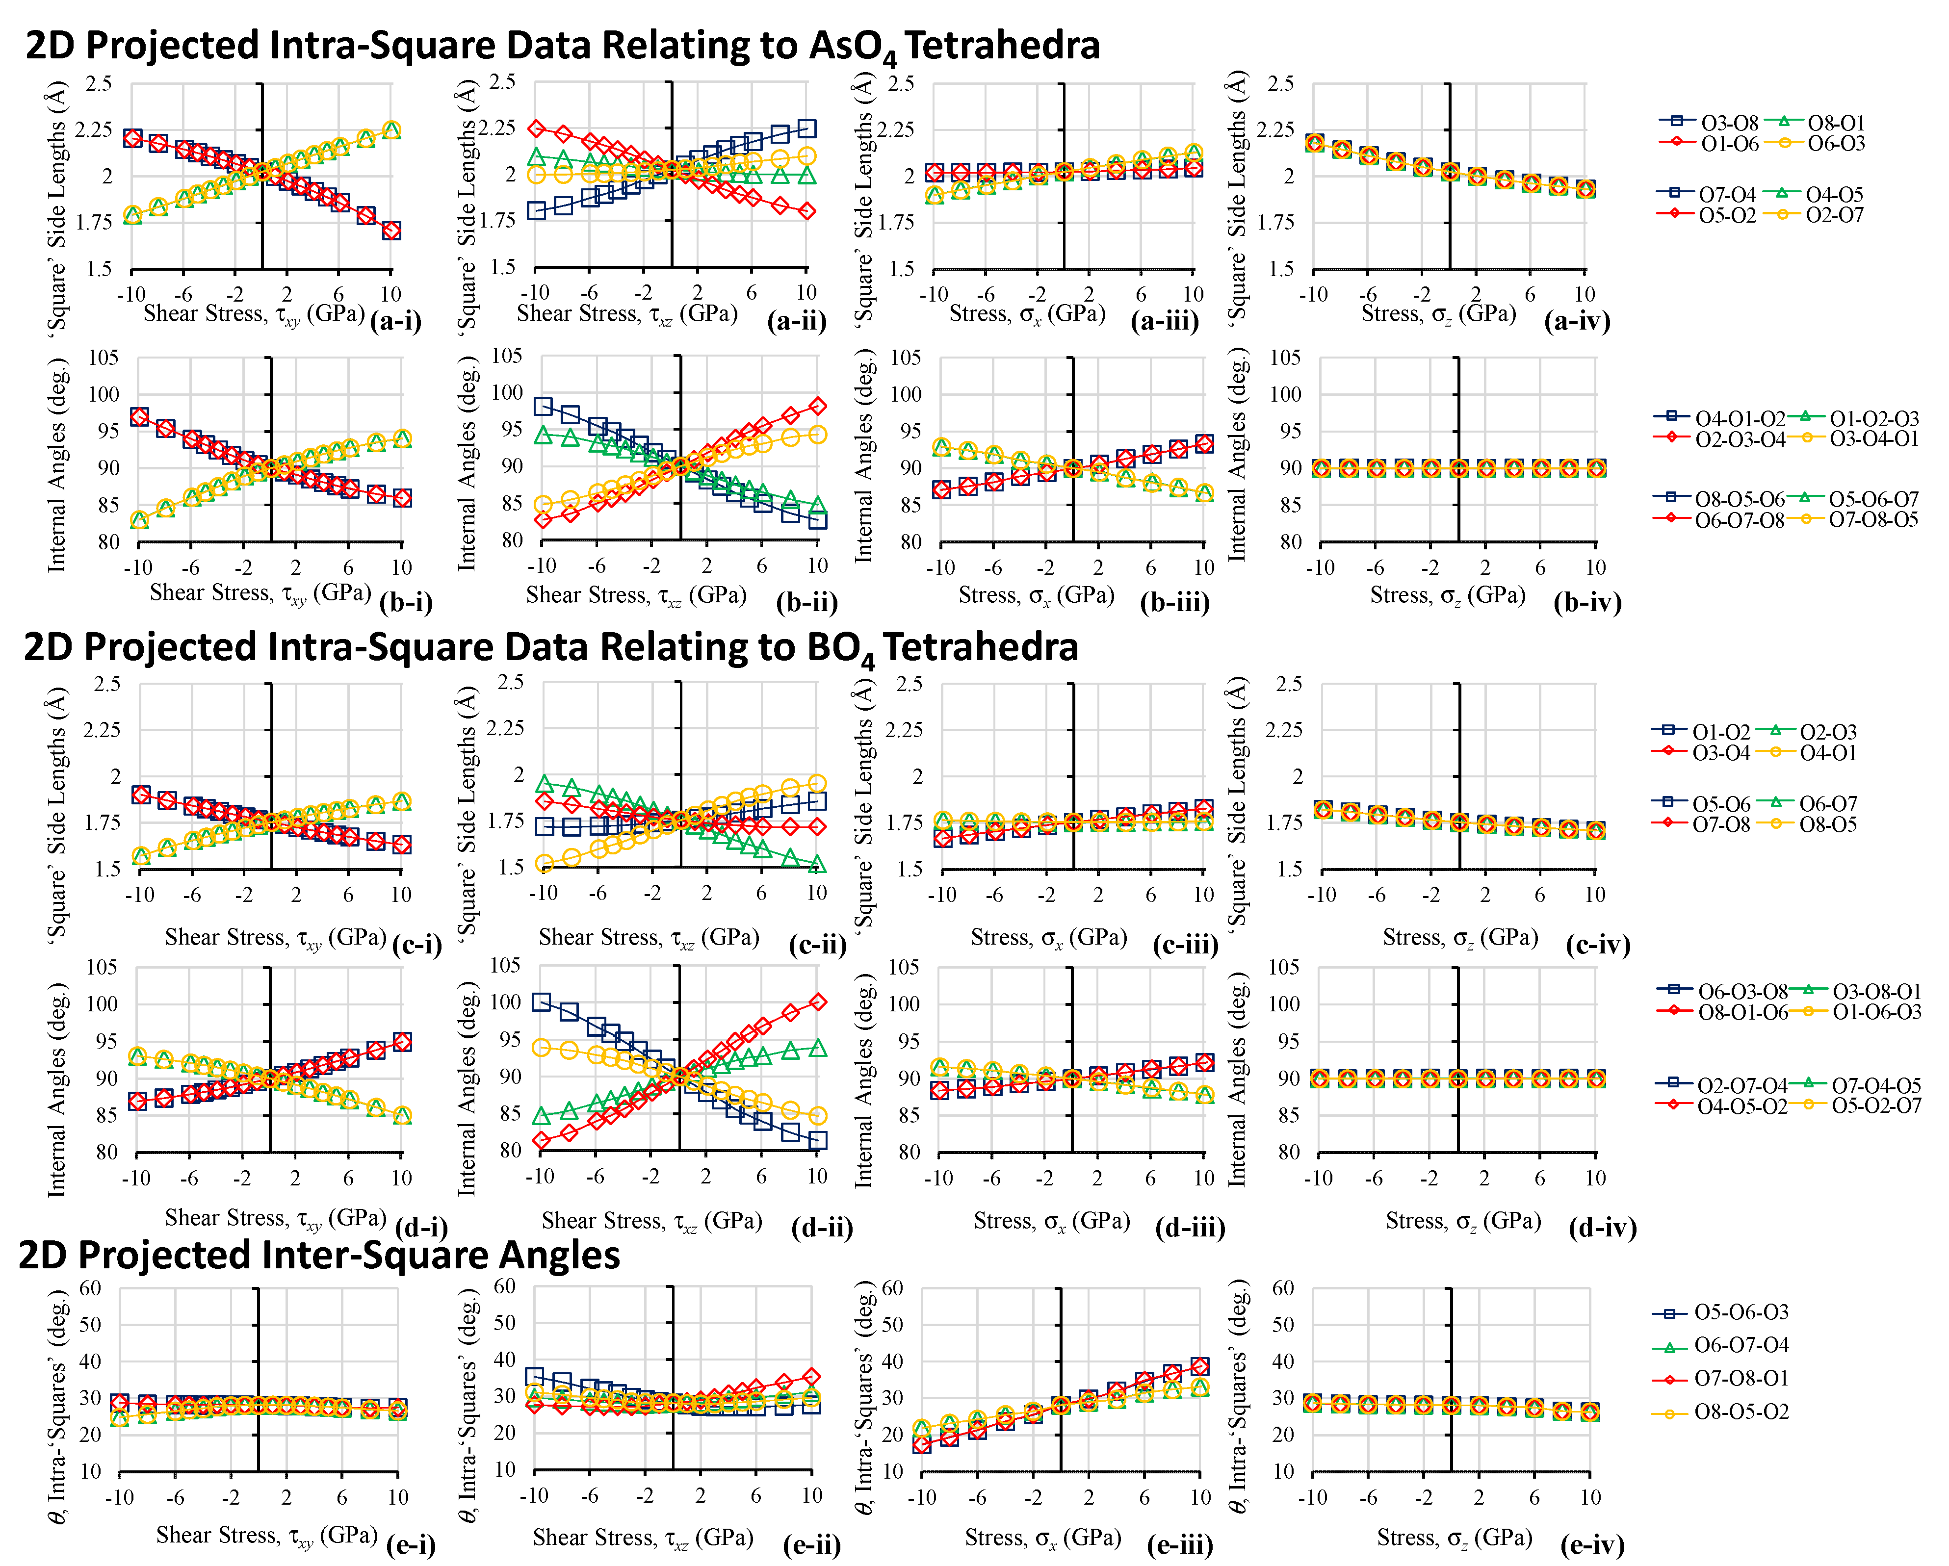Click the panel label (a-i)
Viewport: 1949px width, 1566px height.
click(396, 321)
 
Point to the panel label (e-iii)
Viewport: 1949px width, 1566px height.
click(1180, 1545)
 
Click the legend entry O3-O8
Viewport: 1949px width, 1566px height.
click(1729, 123)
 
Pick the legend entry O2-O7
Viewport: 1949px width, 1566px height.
click(1835, 215)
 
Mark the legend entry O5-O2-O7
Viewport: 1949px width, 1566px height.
click(1877, 1105)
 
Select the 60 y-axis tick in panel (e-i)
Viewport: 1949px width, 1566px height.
click(90, 1288)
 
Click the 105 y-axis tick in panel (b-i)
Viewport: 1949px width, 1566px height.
click(103, 358)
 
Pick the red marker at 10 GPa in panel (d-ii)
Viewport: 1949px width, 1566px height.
click(817, 1002)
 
